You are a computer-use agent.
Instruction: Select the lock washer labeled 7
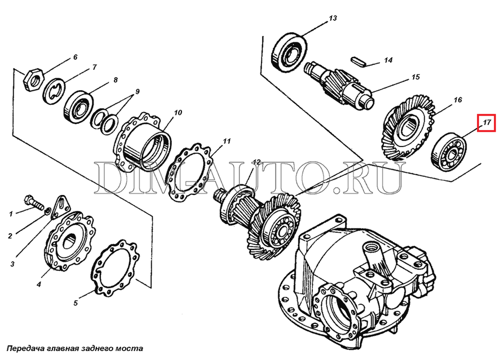[54, 91]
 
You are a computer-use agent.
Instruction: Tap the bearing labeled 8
[78, 106]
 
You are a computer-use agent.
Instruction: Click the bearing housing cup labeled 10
[142, 141]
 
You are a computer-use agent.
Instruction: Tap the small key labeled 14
[358, 61]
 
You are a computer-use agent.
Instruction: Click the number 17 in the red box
[486, 122]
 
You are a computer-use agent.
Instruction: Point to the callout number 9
[137, 91]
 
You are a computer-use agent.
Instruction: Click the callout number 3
[12, 264]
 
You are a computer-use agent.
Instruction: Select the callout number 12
[256, 162]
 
